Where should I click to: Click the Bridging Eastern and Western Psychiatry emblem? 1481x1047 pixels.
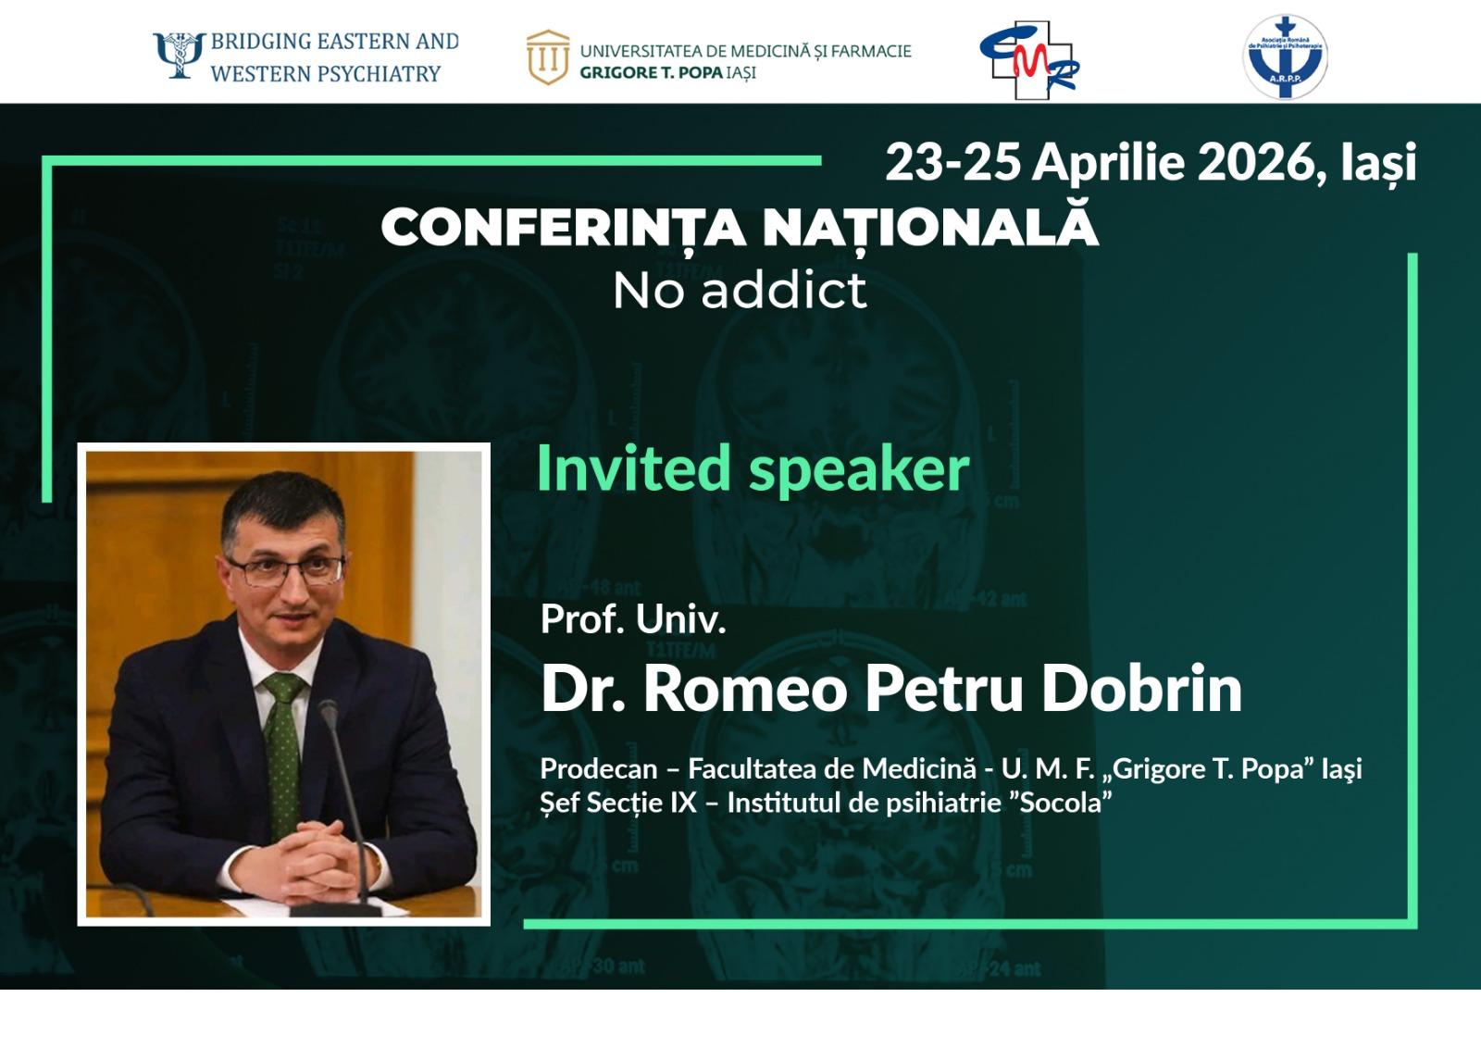coord(180,56)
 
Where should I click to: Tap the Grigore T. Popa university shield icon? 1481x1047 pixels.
coord(548,56)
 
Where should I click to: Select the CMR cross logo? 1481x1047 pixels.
coord(1028,60)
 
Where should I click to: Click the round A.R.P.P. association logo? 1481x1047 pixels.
coord(1285,57)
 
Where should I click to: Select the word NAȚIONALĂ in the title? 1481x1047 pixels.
coord(930,225)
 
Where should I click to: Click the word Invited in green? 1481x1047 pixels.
coord(633,467)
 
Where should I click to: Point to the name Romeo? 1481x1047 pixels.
coord(745,689)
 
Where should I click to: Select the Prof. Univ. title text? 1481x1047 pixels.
coord(633,619)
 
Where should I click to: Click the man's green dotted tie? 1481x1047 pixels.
coord(284,754)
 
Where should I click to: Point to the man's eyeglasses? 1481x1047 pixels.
coord(285,570)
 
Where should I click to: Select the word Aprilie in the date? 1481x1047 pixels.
coord(1108,163)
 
